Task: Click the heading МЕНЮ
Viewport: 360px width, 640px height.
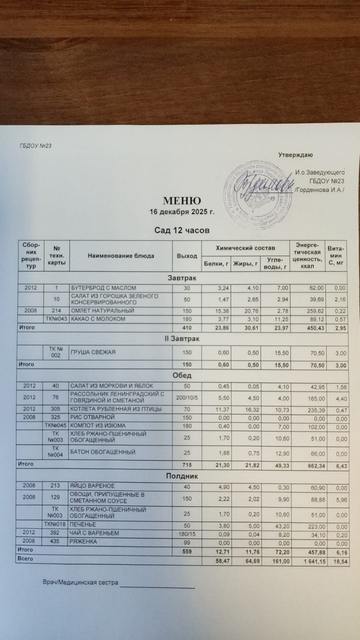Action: point(182,201)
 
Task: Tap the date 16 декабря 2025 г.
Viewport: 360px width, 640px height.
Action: point(182,212)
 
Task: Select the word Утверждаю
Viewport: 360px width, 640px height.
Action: point(296,155)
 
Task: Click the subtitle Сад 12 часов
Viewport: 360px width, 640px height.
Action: point(182,230)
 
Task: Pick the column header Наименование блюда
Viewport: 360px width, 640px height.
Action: point(121,256)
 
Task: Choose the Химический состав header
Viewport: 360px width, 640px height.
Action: point(245,248)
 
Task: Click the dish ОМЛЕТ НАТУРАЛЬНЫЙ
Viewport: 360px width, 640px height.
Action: point(103,311)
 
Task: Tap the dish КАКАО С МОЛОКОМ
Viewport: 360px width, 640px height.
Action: point(98,319)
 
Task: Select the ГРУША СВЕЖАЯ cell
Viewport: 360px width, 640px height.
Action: point(93,352)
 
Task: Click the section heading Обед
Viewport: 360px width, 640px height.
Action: point(182,375)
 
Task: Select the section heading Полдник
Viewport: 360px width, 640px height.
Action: point(182,476)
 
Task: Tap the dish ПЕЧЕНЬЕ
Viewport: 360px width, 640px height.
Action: point(83,524)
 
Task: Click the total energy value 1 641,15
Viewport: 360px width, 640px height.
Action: point(313,562)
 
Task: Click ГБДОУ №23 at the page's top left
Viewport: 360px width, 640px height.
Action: point(35,146)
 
